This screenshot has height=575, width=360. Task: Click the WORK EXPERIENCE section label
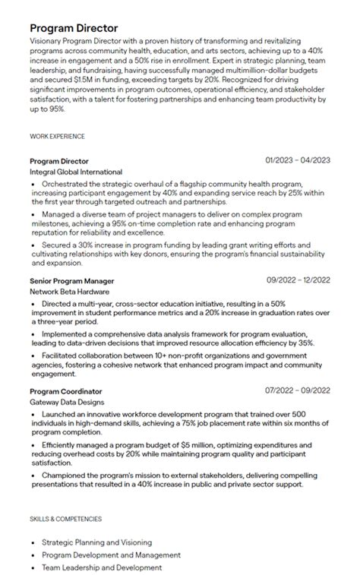(57, 137)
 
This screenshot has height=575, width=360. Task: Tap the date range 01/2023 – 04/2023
(298, 161)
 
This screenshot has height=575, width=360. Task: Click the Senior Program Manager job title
(73, 280)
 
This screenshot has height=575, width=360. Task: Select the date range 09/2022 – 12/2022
(298, 280)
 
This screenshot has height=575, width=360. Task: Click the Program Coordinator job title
(66, 391)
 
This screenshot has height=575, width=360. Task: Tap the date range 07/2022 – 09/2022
(298, 391)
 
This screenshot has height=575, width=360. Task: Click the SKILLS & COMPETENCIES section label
(66, 520)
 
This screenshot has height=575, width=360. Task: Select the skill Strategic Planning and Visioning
(96, 542)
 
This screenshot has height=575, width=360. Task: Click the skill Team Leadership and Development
(103, 567)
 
